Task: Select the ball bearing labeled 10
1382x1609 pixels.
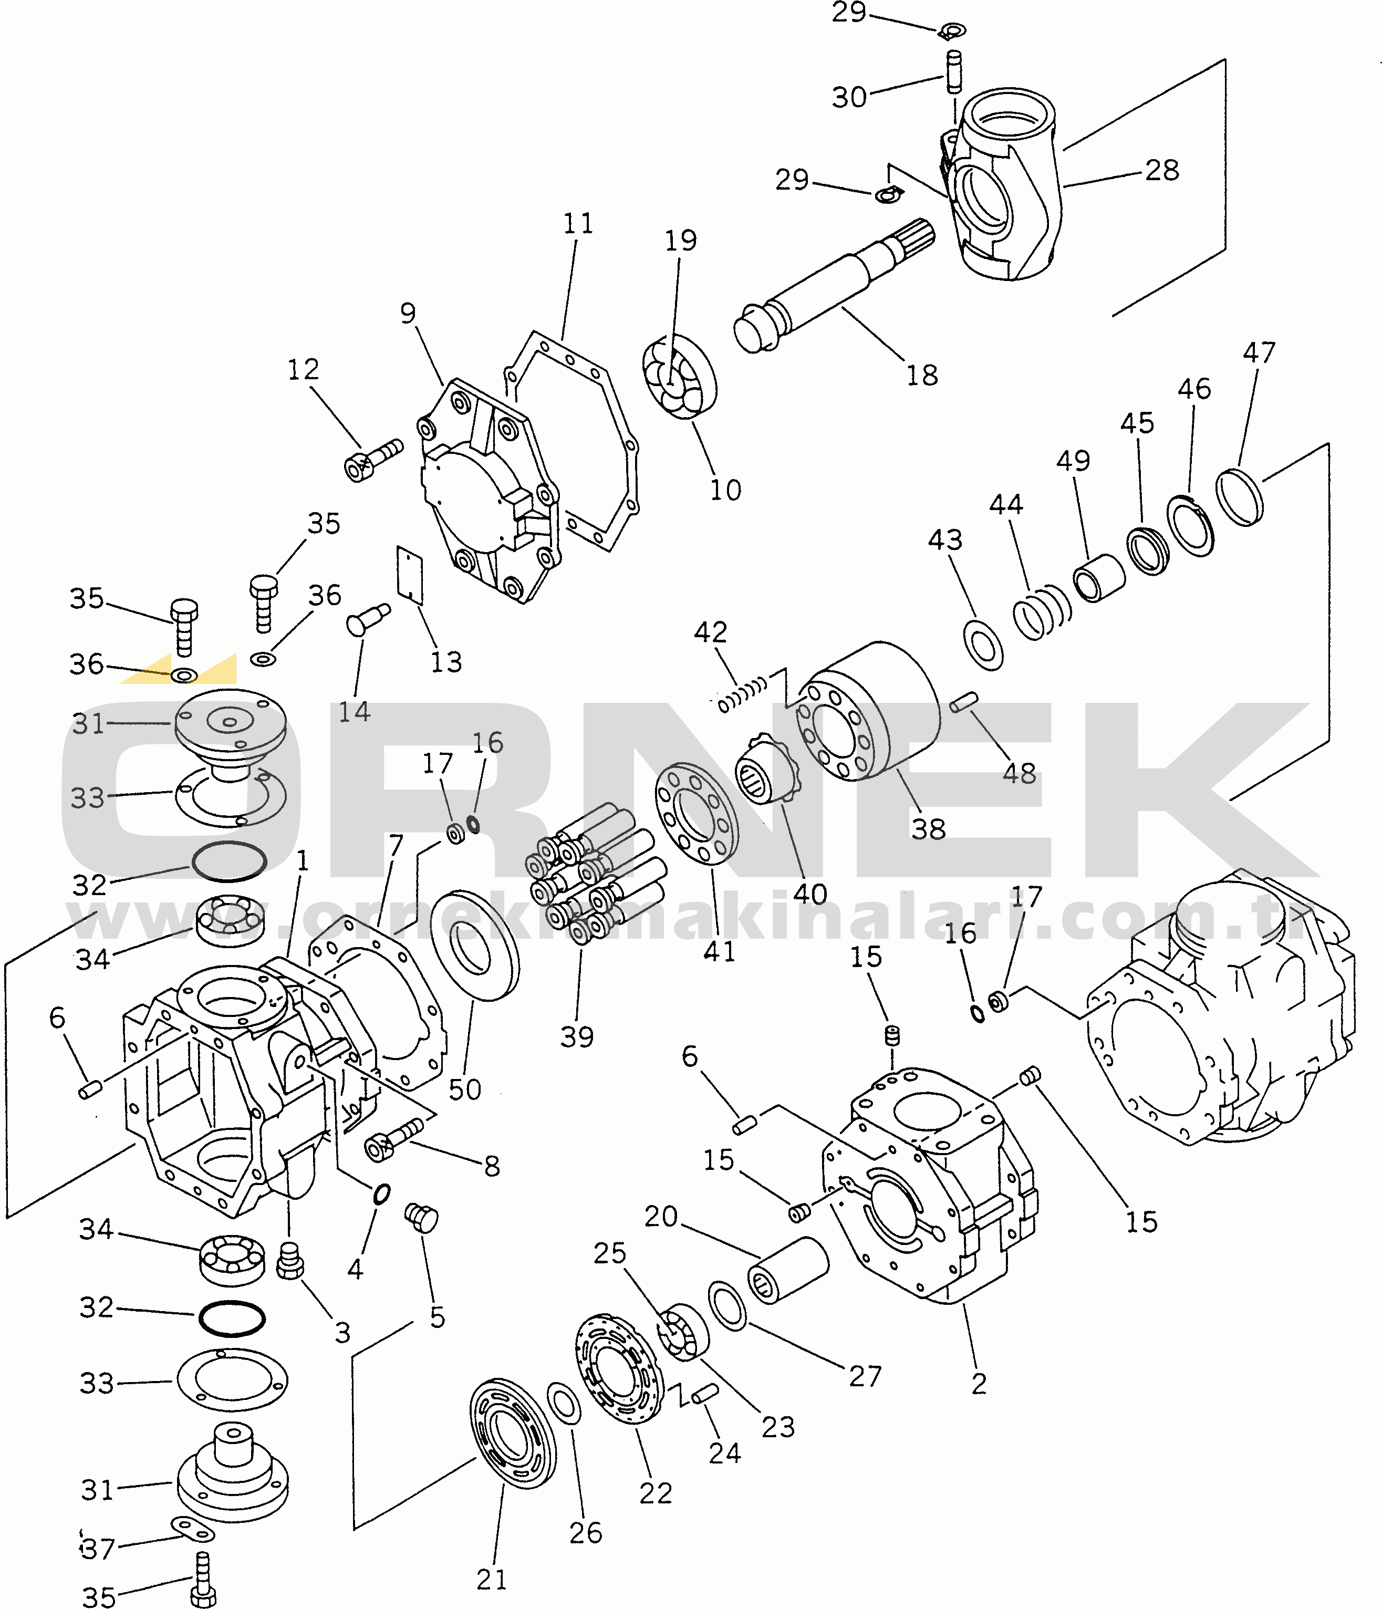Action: click(679, 377)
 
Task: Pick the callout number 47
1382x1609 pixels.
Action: click(1259, 352)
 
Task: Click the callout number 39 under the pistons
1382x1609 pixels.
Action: click(577, 1037)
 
